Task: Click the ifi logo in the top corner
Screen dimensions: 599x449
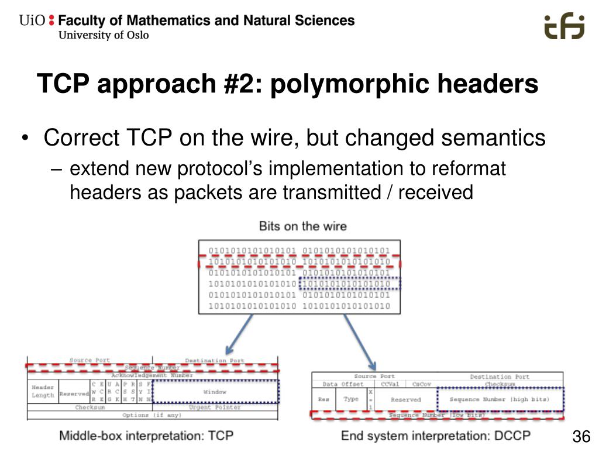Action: click(x=564, y=27)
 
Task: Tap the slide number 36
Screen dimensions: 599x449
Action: click(x=580, y=437)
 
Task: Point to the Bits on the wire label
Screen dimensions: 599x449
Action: click(x=302, y=226)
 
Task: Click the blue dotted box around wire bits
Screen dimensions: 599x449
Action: click(x=350, y=284)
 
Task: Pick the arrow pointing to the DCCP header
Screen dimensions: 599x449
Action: click(x=359, y=339)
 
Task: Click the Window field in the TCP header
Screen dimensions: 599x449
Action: click(x=215, y=392)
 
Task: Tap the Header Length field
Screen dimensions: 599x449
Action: click(x=43, y=392)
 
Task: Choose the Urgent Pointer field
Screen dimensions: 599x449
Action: click(x=215, y=407)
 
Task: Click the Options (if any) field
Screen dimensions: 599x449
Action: click(x=152, y=415)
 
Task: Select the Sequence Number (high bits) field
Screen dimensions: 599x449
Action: click(x=499, y=399)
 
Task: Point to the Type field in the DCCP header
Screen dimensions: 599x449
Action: click(x=351, y=399)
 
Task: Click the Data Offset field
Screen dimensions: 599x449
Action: click(x=343, y=384)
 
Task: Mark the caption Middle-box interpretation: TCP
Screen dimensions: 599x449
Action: click(x=146, y=436)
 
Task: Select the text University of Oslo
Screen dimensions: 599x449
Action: click(x=104, y=35)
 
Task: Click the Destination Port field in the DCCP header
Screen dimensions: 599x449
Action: click(x=499, y=377)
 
